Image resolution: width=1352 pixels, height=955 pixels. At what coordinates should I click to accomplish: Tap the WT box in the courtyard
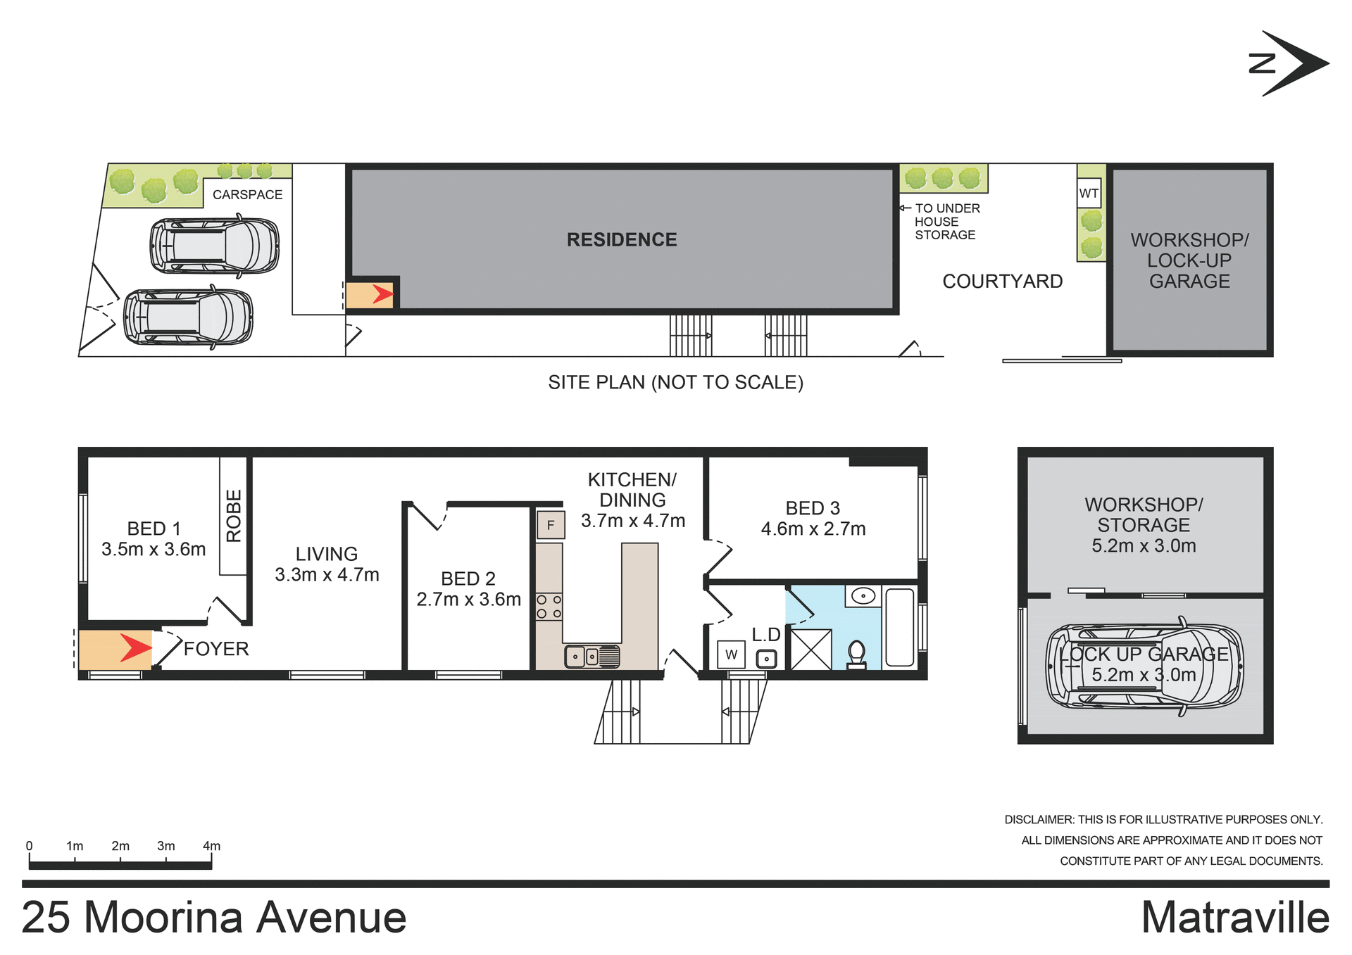point(1089,194)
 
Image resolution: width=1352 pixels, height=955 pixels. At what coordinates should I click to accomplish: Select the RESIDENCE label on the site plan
point(622,240)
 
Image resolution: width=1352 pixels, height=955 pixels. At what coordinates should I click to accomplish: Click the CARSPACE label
point(247,195)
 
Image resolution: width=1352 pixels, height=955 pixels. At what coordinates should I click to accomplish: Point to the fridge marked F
point(551,525)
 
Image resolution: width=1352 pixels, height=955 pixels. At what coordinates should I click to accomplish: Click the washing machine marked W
point(732,654)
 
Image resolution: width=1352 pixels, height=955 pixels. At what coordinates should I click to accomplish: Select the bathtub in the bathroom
point(899,627)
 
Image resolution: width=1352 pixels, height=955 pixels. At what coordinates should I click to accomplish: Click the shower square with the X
point(811,649)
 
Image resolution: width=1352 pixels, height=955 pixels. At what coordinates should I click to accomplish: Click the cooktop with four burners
point(549,607)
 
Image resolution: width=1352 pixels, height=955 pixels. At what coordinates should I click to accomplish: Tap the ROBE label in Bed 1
point(234,516)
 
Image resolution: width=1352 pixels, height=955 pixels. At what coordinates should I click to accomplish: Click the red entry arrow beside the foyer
point(134,648)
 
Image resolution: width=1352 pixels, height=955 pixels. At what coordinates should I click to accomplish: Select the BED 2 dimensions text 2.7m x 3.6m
point(468,600)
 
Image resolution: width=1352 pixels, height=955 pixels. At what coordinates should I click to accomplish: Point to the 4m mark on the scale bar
point(211,847)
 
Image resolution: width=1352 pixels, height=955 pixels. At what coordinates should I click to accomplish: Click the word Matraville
point(1235,918)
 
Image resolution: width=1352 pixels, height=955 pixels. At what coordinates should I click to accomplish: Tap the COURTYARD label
point(1002,282)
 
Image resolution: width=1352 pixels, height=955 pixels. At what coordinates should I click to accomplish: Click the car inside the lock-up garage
point(1144,666)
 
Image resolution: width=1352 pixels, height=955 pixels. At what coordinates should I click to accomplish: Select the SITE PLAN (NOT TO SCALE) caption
point(675,382)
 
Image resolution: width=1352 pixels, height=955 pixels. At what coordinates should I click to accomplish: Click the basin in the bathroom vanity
point(863,596)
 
